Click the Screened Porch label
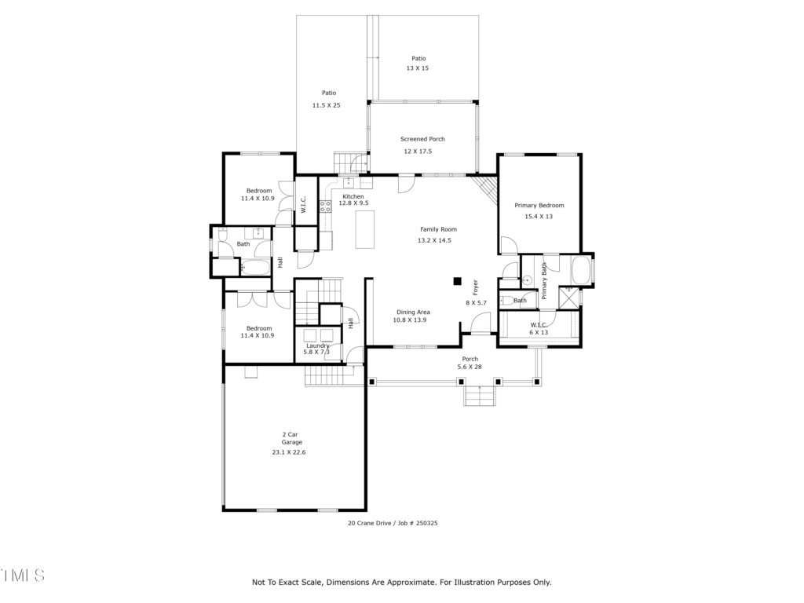(x=422, y=139)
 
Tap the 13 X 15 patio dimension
(x=418, y=68)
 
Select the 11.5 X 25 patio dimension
(x=326, y=105)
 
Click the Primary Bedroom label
(x=539, y=206)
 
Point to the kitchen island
(x=365, y=229)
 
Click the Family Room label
(x=438, y=229)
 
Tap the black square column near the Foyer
(x=458, y=281)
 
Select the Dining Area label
(x=413, y=312)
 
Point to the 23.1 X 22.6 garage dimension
(x=289, y=452)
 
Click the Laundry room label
(x=318, y=345)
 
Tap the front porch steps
(x=480, y=396)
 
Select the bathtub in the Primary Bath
(x=582, y=270)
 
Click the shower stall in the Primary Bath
(x=568, y=298)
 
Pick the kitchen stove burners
(x=325, y=206)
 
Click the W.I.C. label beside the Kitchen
(x=303, y=204)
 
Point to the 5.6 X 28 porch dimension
(x=470, y=367)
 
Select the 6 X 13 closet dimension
(x=539, y=332)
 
